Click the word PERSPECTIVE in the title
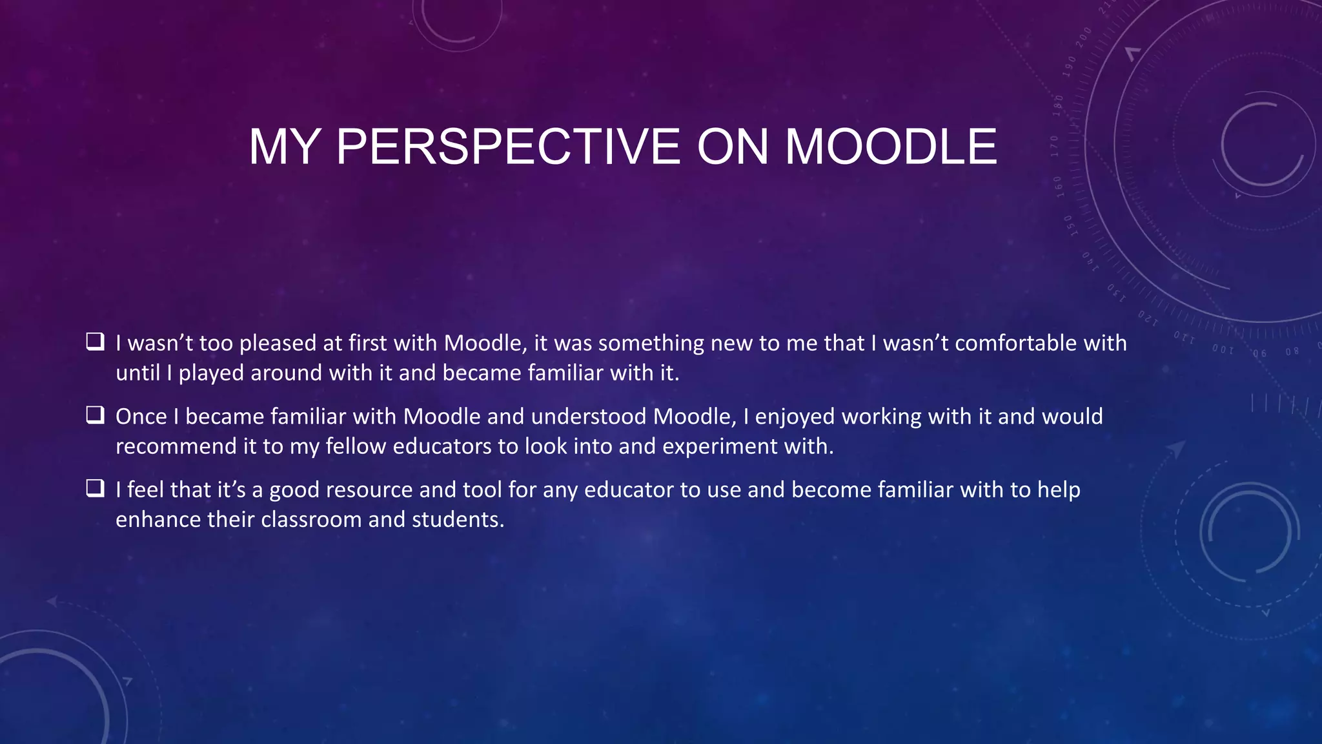tap(507, 147)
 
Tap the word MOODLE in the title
tap(891, 147)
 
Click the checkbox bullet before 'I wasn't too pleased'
tap(96, 341)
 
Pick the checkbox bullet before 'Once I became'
tap(96, 415)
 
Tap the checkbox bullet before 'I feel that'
tap(96, 488)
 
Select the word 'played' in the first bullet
tap(210, 373)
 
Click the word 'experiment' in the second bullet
tap(720, 447)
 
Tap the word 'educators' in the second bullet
tap(440, 446)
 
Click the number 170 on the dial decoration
tap(1054, 146)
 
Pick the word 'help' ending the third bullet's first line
tap(1059, 490)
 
